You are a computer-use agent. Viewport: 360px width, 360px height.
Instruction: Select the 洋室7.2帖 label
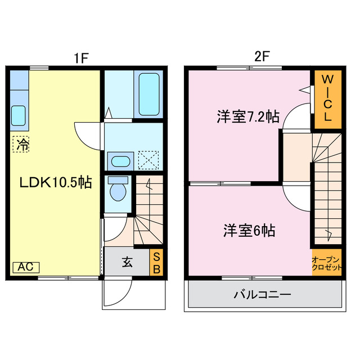point(247,118)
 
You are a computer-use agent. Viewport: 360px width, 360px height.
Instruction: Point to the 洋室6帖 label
point(249,230)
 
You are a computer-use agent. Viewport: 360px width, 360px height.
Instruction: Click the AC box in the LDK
point(25,267)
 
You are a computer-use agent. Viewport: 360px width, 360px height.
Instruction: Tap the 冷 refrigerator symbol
point(22,144)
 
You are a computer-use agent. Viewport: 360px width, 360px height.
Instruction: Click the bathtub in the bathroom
point(149,93)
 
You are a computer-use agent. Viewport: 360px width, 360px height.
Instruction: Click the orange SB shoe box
point(156,263)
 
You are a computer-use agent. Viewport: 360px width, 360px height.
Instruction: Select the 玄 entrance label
point(128,262)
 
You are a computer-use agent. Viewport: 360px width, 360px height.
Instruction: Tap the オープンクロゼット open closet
point(327,263)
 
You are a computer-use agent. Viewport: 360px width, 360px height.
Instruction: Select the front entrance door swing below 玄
point(118,293)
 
